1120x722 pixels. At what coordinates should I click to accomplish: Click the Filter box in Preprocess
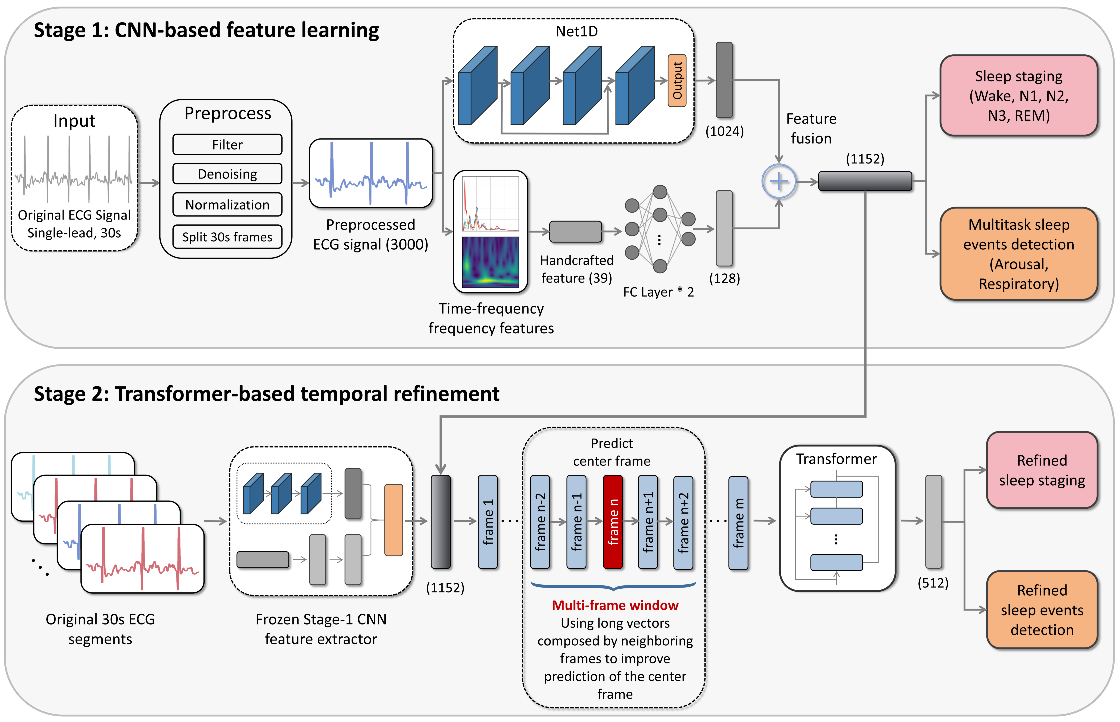[227, 144]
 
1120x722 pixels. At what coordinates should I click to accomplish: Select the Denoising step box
[227, 174]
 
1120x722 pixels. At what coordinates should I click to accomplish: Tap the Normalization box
[227, 204]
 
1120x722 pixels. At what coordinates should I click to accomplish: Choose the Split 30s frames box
[227, 237]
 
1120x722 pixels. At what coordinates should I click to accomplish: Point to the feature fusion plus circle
[779, 181]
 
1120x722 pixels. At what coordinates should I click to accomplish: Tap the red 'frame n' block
[613, 522]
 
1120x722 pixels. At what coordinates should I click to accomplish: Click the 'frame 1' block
[488, 522]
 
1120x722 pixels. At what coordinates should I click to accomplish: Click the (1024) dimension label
[724, 131]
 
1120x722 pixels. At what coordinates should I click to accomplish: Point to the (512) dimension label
[933, 583]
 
